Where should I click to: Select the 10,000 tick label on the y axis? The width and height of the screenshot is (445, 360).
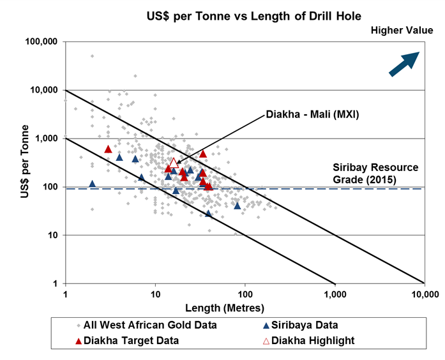tap(45, 90)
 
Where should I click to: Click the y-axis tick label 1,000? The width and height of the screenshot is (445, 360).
tap(48, 139)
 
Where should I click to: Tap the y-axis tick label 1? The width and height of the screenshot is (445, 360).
tap(57, 284)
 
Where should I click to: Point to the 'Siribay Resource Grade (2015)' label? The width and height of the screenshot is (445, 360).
tap(375, 173)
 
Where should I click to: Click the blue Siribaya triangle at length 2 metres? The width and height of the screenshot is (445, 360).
tap(92, 184)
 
